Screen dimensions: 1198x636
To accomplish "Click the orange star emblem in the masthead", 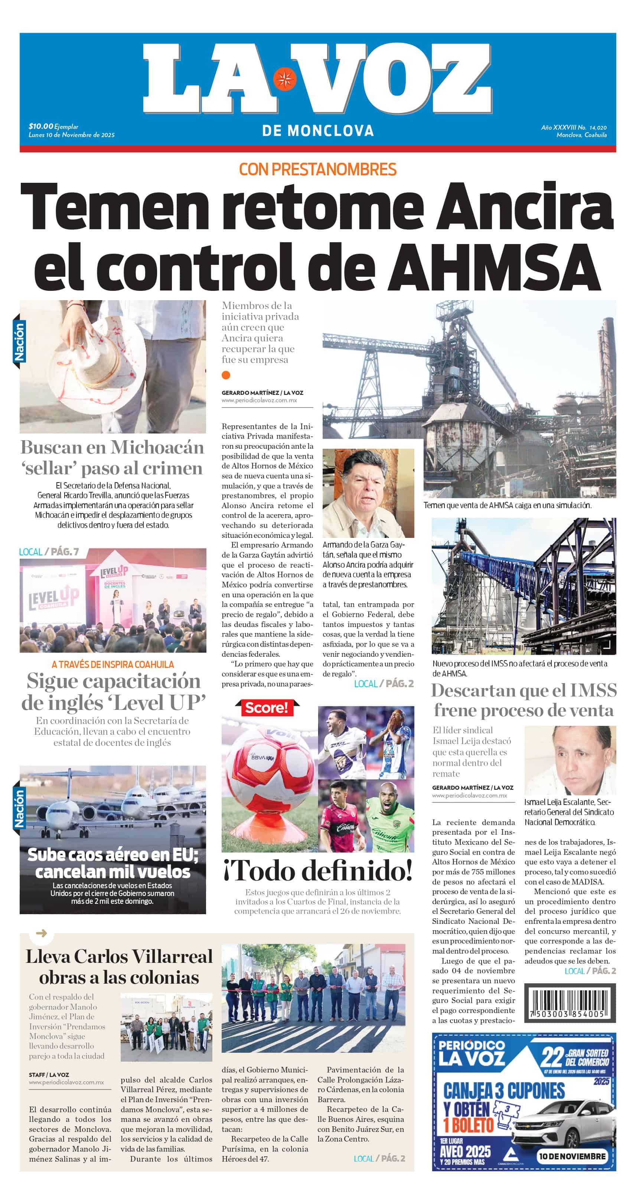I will (x=284, y=79).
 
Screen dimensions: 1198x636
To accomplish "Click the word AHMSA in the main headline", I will (x=494, y=266).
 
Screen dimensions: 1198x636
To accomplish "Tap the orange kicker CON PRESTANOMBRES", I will (x=317, y=169).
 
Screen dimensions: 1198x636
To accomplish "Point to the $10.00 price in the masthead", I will (x=41, y=126).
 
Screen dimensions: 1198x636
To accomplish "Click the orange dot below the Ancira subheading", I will (x=226, y=375).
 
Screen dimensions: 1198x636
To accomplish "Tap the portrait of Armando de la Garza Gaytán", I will (x=368, y=493).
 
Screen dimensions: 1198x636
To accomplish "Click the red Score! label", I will (x=267, y=708).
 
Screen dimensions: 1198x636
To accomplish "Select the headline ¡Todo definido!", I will (x=317, y=871).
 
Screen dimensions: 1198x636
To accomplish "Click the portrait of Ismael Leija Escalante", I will (x=570, y=760).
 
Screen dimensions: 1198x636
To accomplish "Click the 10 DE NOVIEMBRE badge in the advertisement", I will (x=572, y=1156).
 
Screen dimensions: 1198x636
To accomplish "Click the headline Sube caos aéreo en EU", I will (x=112, y=863).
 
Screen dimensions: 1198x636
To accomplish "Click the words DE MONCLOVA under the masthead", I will (x=317, y=131).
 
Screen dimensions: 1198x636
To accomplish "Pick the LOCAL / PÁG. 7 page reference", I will (x=49, y=552).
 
